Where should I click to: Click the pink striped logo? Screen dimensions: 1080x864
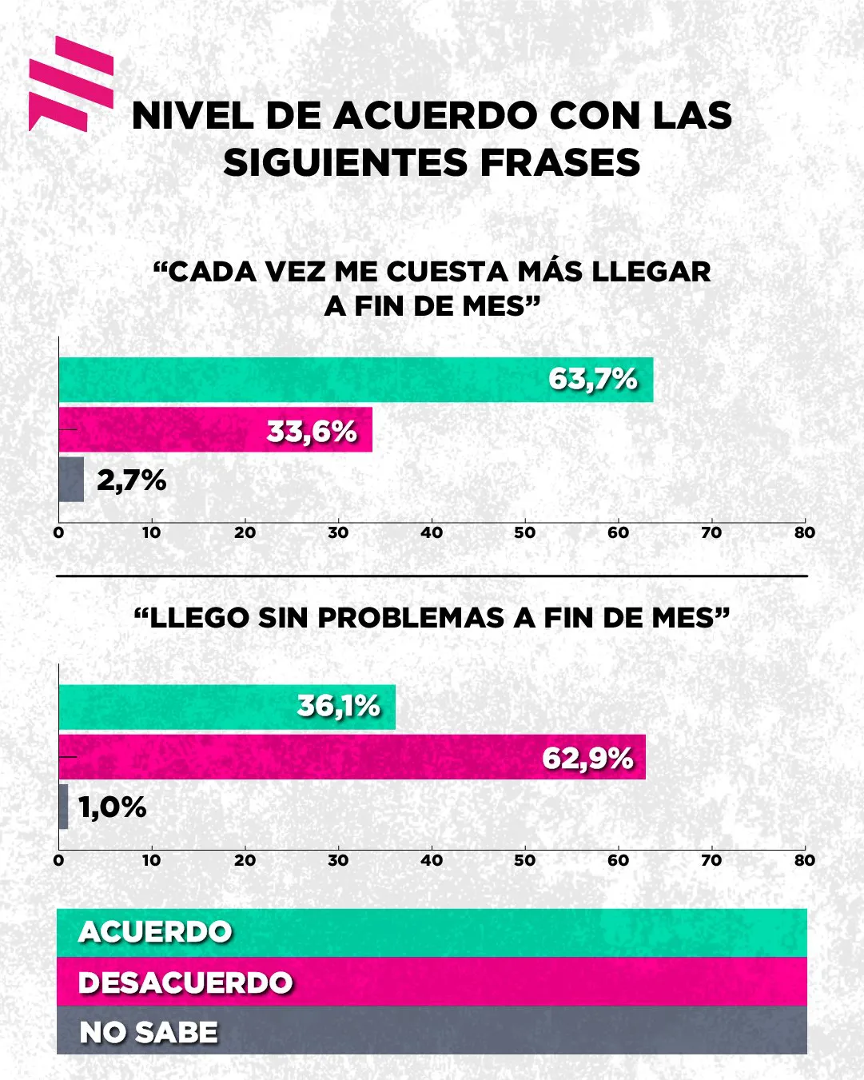[x=70, y=83]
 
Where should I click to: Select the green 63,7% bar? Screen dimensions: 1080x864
[x=356, y=380]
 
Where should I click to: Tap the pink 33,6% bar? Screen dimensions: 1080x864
[x=216, y=430]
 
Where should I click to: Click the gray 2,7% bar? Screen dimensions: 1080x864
[x=71, y=480]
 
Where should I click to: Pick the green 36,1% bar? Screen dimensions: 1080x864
[x=227, y=707]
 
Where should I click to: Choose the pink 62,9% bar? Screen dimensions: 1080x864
[x=352, y=757]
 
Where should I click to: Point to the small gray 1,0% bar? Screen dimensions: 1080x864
[x=63, y=807]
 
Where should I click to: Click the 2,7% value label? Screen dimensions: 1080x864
[x=132, y=480]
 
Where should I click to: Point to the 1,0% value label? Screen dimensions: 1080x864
[x=113, y=807]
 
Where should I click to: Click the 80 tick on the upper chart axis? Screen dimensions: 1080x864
[x=805, y=533]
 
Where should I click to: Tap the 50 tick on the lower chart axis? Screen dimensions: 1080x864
[x=525, y=861]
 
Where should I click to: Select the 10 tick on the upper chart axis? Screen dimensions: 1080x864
[x=152, y=533]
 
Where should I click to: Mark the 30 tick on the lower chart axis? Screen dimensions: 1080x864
[x=338, y=861]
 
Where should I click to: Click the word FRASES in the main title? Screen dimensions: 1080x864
[x=560, y=163]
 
